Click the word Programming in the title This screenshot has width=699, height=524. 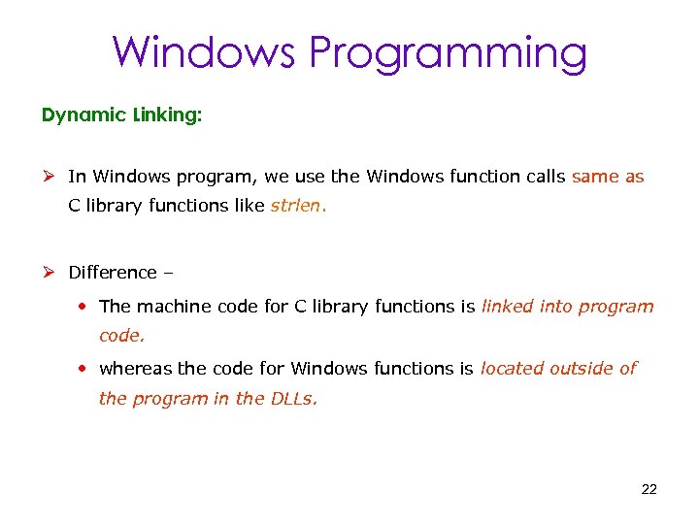449,53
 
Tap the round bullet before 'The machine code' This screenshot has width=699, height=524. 85,307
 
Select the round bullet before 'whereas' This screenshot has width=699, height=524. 85,369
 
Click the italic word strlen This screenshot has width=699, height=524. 299,207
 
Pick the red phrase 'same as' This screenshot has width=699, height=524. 608,177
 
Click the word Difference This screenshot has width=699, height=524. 112,273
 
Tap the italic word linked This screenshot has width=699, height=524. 507,307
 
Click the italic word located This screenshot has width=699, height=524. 512,369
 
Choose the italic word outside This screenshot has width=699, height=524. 582,369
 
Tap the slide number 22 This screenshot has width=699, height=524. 649,489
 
